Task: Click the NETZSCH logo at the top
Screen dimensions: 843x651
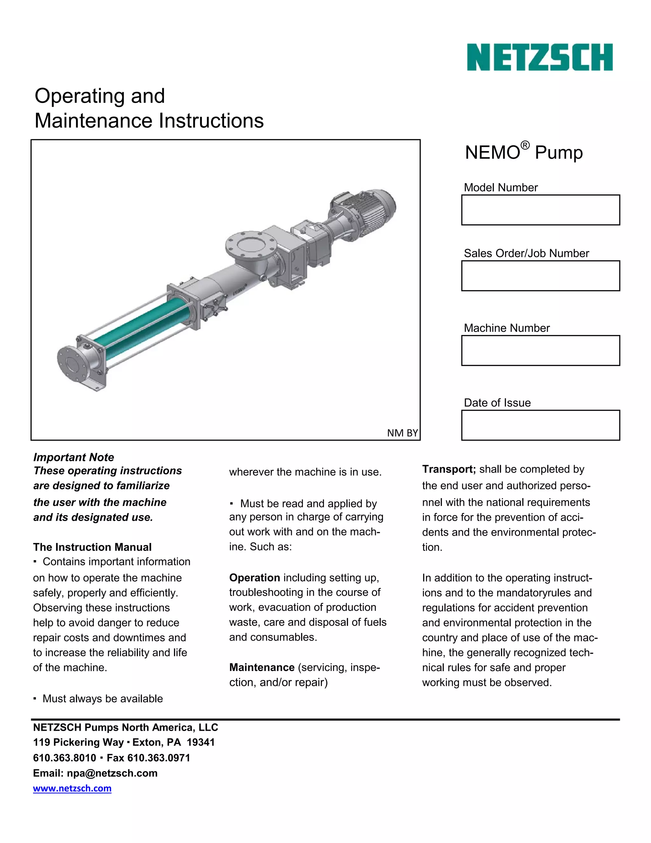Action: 539,57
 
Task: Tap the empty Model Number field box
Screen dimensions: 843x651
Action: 540,210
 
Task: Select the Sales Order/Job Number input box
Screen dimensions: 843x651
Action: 540,275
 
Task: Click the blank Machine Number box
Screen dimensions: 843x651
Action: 540,351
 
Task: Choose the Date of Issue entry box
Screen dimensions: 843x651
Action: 540,425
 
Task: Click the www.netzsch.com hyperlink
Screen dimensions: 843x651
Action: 72,788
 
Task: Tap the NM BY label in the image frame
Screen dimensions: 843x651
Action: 402,433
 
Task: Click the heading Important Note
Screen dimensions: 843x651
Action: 74,457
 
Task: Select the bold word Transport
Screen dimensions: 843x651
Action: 449,469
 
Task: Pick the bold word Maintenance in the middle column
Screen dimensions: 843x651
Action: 262,667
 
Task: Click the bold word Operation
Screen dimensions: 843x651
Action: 255,577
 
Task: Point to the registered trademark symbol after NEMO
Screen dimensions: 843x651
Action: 525,145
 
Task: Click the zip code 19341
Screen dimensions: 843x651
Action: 201,742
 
